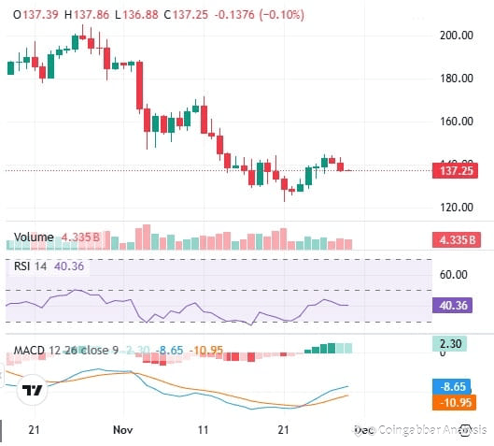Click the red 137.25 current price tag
tap(459, 171)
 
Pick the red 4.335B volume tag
tap(459, 239)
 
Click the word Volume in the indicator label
tap(34, 237)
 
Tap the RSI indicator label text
tap(22, 266)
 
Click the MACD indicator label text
tap(31, 352)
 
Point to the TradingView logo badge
tap(34, 391)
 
